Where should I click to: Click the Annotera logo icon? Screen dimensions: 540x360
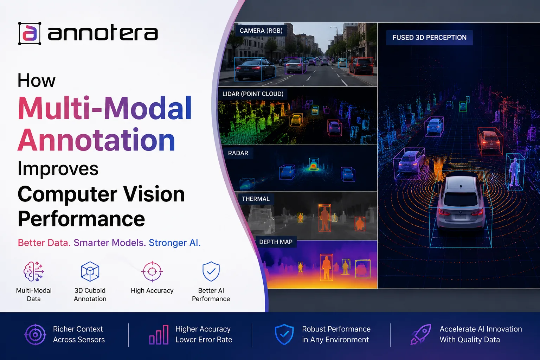(30, 33)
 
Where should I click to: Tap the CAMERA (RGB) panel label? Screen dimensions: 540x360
(261, 31)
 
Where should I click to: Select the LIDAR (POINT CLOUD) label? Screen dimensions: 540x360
(253, 94)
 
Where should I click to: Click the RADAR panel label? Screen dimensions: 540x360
(238, 153)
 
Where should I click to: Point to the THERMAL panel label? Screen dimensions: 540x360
(256, 199)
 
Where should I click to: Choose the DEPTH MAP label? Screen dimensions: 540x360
(276, 242)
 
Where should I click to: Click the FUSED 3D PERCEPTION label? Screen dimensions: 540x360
(429, 38)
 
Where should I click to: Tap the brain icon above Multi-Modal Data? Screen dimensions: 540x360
(34, 271)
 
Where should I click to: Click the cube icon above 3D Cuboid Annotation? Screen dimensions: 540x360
(90, 271)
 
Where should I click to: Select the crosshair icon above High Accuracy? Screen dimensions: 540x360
(152, 271)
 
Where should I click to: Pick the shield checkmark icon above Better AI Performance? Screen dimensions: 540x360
(211, 271)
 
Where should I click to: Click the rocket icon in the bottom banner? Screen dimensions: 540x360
(421, 334)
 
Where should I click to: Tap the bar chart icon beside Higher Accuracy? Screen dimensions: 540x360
(159, 335)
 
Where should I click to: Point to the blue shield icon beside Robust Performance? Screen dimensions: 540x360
(284, 334)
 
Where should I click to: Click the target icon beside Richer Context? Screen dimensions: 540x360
(35, 334)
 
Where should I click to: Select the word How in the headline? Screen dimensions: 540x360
(37, 81)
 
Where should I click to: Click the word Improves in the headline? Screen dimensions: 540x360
(58, 168)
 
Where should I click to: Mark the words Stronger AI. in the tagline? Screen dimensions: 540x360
(174, 243)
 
